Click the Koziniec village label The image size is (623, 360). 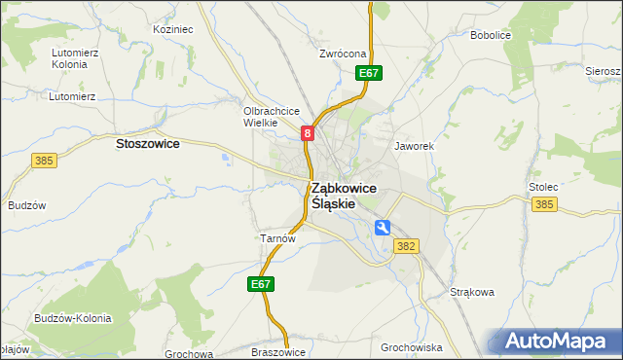[x=173, y=30]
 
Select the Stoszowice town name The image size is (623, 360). [x=147, y=143]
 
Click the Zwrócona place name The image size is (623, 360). [x=342, y=54]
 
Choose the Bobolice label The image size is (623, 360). [x=491, y=35]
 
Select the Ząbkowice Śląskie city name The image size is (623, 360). [x=344, y=196]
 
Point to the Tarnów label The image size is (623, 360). [x=271, y=237]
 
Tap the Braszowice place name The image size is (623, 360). [x=279, y=352]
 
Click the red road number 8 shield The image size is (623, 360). [x=308, y=133]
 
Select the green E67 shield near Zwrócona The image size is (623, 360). [x=368, y=73]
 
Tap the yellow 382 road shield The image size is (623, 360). [x=407, y=247]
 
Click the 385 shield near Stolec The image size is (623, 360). [x=545, y=204]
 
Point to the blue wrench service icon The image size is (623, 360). [x=383, y=227]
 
